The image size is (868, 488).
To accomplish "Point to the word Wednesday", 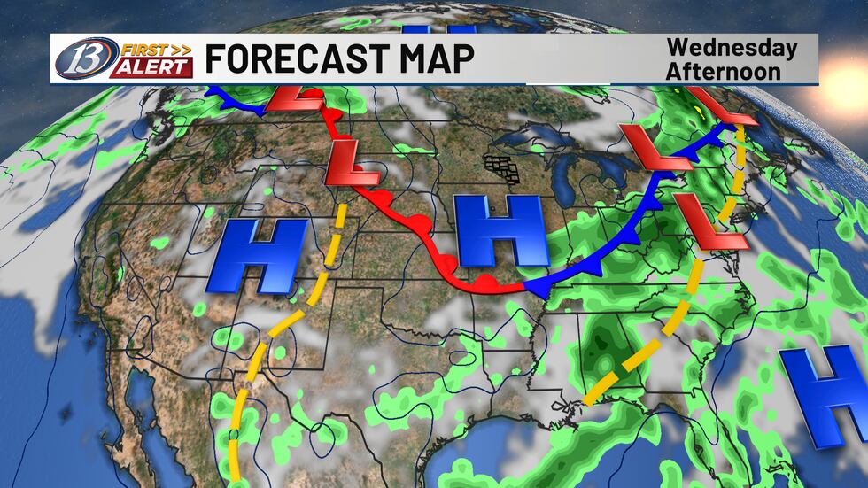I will pyautogui.click(x=732, y=48).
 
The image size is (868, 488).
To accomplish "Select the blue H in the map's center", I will pyautogui.click(x=499, y=229).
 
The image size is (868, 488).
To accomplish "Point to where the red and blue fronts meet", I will pyautogui.click(x=528, y=287).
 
